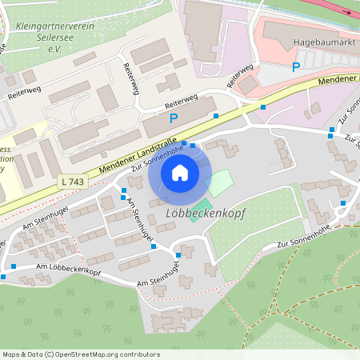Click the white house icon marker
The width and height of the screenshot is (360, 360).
[180, 172]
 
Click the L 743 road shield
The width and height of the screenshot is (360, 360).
[72, 182]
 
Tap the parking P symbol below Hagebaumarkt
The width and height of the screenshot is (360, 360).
[296, 67]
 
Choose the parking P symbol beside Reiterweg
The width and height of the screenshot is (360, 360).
[173, 118]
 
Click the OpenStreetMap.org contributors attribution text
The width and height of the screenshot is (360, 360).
[107, 354]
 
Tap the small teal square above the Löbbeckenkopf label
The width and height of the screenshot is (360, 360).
[198, 204]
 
